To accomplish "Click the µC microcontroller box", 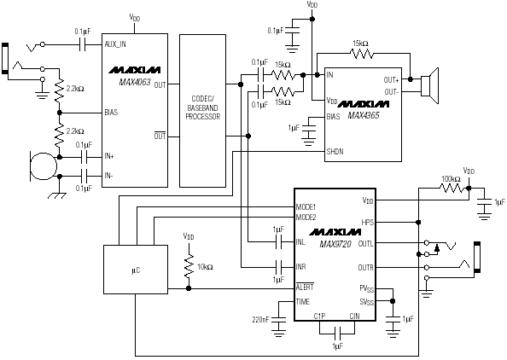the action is (x=136, y=270).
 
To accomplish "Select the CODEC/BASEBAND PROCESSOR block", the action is (x=202, y=111).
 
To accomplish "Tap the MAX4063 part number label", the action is (x=135, y=82).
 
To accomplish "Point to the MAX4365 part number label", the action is (x=364, y=115).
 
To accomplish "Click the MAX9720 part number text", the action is (x=335, y=244).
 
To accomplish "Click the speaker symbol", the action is (x=429, y=85).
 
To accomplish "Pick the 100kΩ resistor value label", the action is (x=451, y=178).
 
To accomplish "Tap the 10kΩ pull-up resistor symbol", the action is (x=189, y=266).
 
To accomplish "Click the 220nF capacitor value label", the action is (x=260, y=320).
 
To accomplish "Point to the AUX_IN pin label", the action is (x=115, y=44).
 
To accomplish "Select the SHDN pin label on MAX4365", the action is (x=335, y=151).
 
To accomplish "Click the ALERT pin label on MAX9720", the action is (x=305, y=287).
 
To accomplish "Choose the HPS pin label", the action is (x=367, y=223).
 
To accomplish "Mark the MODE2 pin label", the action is (x=306, y=218).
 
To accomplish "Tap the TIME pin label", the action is (x=303, y=301).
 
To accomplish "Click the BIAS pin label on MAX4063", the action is (x=111, y=113).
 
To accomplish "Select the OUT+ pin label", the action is (x=391, y=79).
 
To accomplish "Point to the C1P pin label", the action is (x=319, y=316).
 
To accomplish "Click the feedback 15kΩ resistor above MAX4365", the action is (x=362, y=54).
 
